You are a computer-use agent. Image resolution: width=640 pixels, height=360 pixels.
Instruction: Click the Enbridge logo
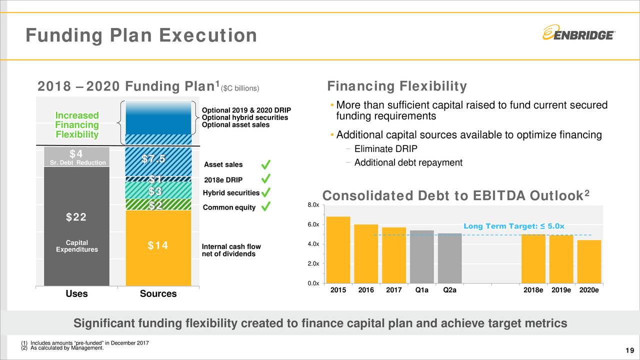point(578,33)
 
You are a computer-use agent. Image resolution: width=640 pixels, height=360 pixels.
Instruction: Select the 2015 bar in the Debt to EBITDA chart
point(338,250)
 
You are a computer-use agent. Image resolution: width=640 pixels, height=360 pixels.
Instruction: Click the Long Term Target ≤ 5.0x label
point(514,226)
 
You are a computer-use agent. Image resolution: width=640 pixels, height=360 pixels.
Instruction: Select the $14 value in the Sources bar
point(158,245)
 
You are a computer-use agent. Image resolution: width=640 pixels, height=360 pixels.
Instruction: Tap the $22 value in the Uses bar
point(76,217)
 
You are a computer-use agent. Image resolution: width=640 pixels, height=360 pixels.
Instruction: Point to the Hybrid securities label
point(230,193)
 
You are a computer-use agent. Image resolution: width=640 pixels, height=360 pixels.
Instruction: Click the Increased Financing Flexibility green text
point(77,125)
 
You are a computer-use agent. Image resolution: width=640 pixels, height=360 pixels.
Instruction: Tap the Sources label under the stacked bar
point(158,294)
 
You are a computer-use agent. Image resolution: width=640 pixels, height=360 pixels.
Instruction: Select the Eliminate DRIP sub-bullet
point(385,149)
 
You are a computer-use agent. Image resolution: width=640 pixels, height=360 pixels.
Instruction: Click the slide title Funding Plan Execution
point(141,35)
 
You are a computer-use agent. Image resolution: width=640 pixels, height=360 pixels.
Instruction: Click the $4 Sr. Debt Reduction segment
point(76,156)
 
